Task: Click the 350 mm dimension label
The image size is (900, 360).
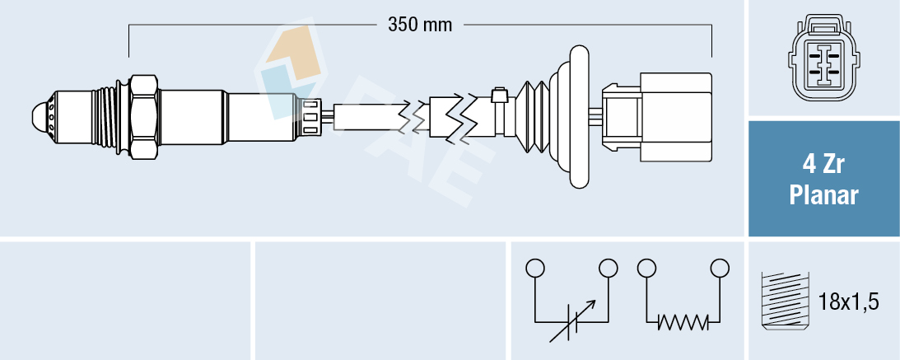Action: coord(420,25)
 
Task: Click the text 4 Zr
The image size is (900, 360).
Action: coord(823,166)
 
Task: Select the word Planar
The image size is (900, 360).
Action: coord(823,196)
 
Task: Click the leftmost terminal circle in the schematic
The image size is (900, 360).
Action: coord(535,268)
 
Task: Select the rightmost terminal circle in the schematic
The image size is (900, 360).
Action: coord(720,268)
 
